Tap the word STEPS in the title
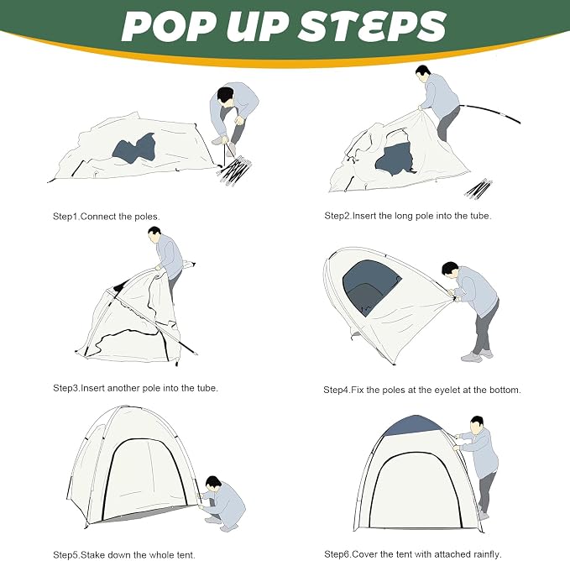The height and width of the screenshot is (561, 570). coord(372,27)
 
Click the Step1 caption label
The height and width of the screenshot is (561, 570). coord(66,217)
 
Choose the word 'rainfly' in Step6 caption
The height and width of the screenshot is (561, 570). coord(487,554)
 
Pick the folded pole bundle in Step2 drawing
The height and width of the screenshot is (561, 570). coord(478,189)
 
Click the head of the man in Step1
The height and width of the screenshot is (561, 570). coord(226,96)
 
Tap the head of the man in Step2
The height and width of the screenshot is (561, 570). coord(422,74)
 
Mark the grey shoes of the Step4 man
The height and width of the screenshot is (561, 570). coord(477,355)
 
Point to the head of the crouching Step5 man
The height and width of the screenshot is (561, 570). coord(212,483)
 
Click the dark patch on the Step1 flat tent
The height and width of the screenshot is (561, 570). coord(133,148)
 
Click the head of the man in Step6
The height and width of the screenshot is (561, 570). coord(477,424)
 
